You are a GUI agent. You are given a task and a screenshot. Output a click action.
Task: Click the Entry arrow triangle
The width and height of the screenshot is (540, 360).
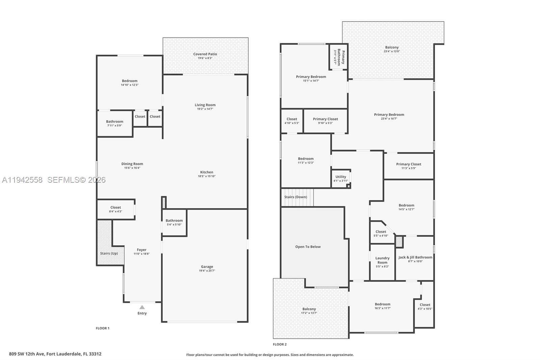pyautogui.click(x=142, y=307)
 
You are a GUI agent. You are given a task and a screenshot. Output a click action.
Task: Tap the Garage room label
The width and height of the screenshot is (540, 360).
pyautogui.click(x=207, y=266)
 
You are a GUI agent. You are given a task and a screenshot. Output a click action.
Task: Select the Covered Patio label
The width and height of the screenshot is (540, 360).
pyautogui.click(x=205, y=54)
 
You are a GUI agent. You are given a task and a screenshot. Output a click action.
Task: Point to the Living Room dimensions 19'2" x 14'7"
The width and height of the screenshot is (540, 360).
pyautogui.click(x=205, y=109)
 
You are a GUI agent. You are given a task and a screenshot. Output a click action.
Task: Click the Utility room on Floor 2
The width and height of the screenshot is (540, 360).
pyautogui.click(x=341, y=178)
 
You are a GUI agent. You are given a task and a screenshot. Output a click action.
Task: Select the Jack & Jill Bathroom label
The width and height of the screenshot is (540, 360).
pyautogui.click(x=415, y=257)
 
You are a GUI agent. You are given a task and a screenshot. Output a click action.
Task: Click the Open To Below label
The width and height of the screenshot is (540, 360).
pyautogui.click(x=308, y=247)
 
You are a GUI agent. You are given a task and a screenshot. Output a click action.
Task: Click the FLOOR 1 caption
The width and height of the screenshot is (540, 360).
pyautogui.click(x=103, y=328)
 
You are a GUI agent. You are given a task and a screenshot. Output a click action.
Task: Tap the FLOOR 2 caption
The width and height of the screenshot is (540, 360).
pyautogui.click(x=280, y=344)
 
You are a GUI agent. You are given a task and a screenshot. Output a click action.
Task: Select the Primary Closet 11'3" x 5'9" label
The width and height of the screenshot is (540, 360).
pyautogui.click(x=409, y=164)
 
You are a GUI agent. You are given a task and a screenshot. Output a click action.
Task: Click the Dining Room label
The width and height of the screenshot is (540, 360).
pyautogui.click(x=132, y=164)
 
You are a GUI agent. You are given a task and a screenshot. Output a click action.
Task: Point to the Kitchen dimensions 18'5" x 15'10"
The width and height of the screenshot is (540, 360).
pyautogui.click(x=207, y=176)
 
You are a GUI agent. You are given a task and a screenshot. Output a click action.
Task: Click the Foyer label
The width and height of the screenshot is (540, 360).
pyautogui.click(x=141, y=250)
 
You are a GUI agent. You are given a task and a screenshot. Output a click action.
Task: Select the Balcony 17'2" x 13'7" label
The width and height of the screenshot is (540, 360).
pyautogui.click(x=309, y=309)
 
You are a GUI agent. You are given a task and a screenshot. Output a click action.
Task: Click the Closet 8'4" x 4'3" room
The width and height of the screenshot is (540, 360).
pyautogui.click(x=116, y=209)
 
